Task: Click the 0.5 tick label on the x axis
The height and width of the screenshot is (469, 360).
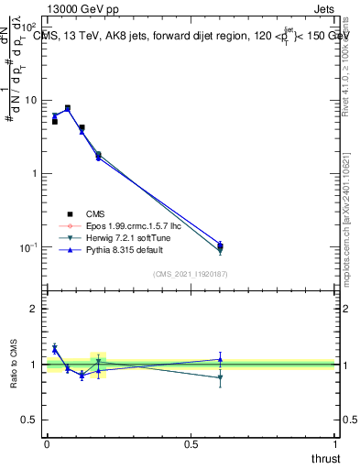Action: click(x=191, y=444)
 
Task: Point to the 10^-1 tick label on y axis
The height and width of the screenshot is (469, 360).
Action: click(x=27, y=247)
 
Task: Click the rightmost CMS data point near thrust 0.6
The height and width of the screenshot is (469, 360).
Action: click(x=220, y=245)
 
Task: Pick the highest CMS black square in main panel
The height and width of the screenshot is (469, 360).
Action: click(x=67, y=108)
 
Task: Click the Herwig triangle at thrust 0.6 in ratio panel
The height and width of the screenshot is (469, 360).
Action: click(x=220, y=377)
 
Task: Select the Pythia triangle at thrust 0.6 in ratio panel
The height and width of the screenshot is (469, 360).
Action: click(x=220, y=359)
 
